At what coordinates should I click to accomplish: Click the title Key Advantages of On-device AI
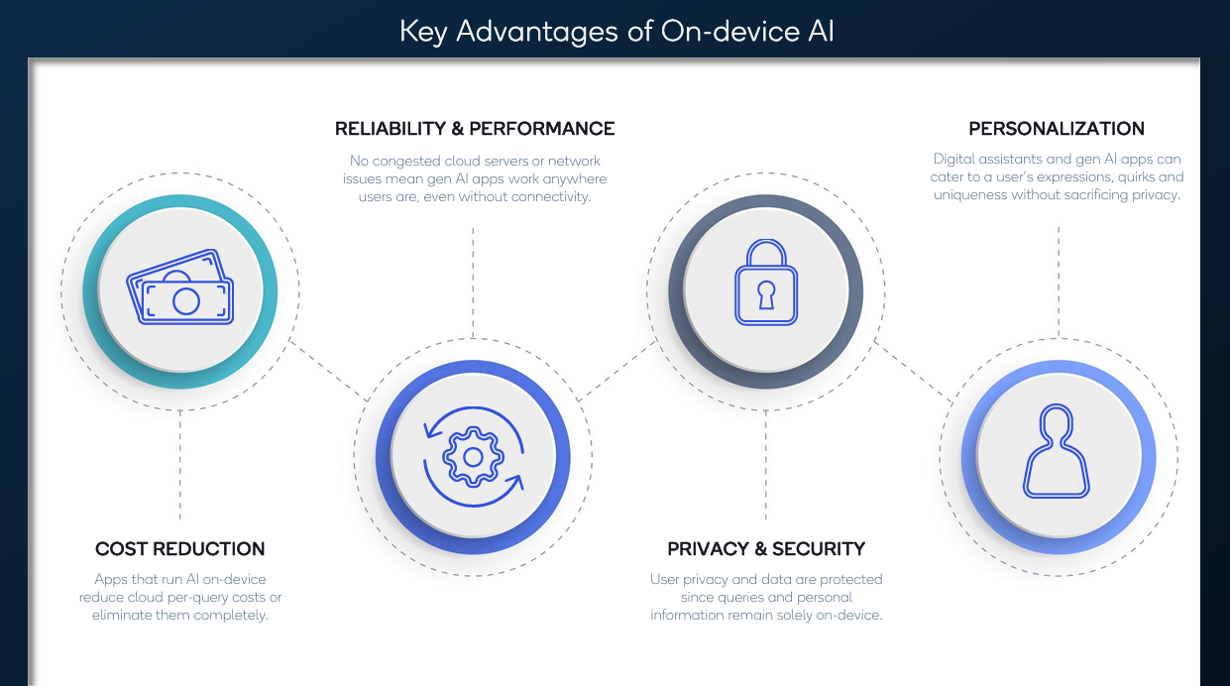pyautogui.click(x=615, y=31)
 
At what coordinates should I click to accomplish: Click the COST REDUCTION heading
pyautogui.click(x=180, y=549)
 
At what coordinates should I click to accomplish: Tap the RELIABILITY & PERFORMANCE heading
pyautogui.click(x=475, y=129)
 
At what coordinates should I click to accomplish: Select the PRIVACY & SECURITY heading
pyautogui.click(x=766, y=549)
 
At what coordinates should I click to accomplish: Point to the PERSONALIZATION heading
pyautogui.click(x=1057, y=129)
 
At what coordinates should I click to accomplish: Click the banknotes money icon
pyautogui.click(x=180, y=290)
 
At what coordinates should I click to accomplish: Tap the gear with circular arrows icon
pyautogui.click(x=473, y=457)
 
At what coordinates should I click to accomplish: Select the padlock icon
pyautogui.click(x=765, y=286)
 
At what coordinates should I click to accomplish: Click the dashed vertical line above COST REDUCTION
pyautogui.click(x=180, y=466)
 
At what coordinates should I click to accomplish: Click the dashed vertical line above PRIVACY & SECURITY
pyautogui.click(x=765, y=466)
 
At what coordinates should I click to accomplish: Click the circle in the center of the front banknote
pyautogui.click(x=186, y=299)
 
